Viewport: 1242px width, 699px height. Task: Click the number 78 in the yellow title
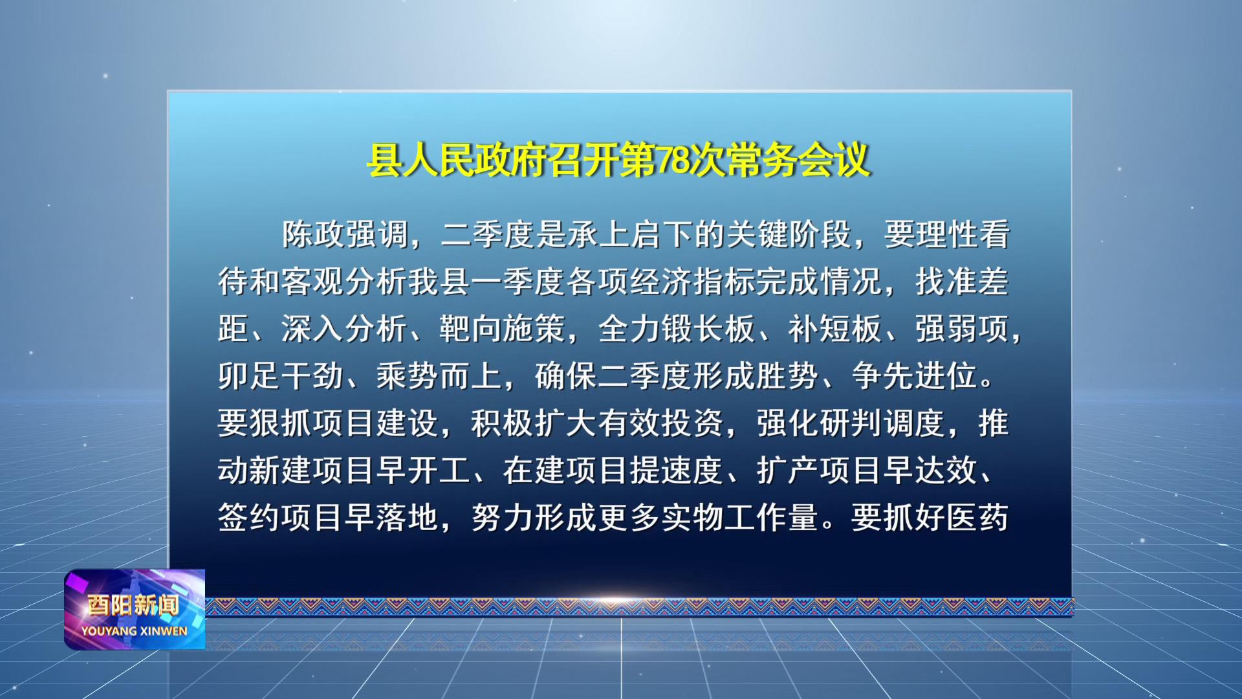coord(673,160)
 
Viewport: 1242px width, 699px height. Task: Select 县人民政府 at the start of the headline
coord(457,160)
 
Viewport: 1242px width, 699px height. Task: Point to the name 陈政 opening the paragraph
coord(313,234)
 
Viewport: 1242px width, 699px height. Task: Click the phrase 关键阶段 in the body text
coord(789,234)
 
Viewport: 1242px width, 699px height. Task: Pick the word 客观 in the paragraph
coord(313,282)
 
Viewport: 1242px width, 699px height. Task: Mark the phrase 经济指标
coord(693,282)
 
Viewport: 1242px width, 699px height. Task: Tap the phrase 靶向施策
coord(503,329)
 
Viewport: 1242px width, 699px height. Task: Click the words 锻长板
coord(709,329)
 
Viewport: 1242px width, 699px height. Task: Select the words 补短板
coord(836,329)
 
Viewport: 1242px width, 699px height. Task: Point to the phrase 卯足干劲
coord(281,376)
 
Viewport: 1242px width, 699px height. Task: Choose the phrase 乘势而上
coord(440,376)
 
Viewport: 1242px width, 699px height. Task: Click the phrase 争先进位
coord(915,376)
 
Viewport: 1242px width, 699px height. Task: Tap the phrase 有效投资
coord(662,423)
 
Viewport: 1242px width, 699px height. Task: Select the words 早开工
coord(424,471)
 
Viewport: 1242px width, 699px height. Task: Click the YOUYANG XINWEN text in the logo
coord(135,631)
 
